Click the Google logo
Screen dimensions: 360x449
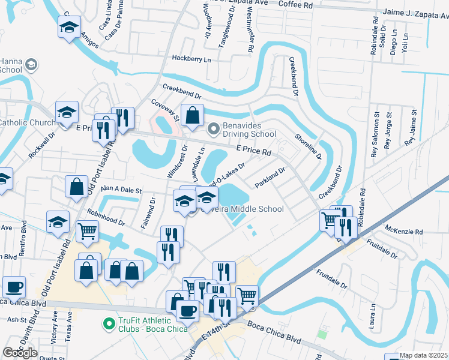20,353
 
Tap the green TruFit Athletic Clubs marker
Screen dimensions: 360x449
109,325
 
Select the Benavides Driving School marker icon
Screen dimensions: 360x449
213,129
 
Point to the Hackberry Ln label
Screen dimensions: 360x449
192,59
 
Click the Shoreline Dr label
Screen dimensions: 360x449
307,146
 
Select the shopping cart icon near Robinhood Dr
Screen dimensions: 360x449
88,230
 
